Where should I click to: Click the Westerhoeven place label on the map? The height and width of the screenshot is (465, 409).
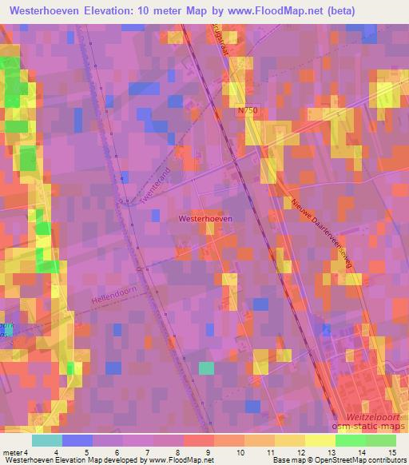pyautogui.click(x=206, y=217)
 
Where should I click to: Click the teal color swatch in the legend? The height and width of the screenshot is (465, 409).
pyautogui.click(x=47, y=439)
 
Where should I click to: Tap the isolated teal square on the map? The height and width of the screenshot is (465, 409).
pyautogui.click(x=206, y=368)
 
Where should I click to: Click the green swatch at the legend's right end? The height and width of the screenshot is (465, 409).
pyautogui.click(x=380, y=439)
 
